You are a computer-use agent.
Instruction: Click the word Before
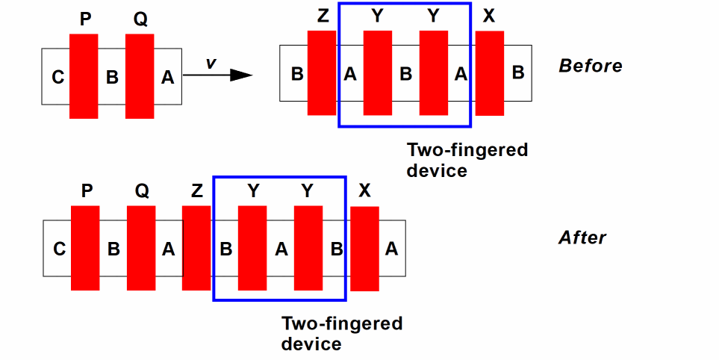[590, 66]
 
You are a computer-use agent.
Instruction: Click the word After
[582, 238]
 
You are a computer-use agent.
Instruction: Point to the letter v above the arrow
[211, 63]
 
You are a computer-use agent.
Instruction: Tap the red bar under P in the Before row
[84, 75]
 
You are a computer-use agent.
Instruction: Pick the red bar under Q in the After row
[141, 248]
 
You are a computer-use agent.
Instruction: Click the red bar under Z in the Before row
[322, 73]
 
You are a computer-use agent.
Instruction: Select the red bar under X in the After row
[364, 249]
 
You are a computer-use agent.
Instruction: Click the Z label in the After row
[196, 191]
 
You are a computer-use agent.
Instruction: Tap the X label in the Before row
[489, 17]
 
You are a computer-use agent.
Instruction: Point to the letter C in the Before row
[57, 76]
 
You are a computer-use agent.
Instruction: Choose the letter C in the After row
[59, 249]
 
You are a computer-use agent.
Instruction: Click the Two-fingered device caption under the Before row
[467, 160]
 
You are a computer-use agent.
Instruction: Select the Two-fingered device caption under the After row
[341, 333]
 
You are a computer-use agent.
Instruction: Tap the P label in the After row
[86, 191]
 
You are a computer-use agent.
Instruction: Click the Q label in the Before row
[140, 19]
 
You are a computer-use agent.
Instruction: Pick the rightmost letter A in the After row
[391, 249]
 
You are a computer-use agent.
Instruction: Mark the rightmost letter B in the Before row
[517, 73]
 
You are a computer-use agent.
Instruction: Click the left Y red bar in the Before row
[378, 73]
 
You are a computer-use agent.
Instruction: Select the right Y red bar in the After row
[308, 248]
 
